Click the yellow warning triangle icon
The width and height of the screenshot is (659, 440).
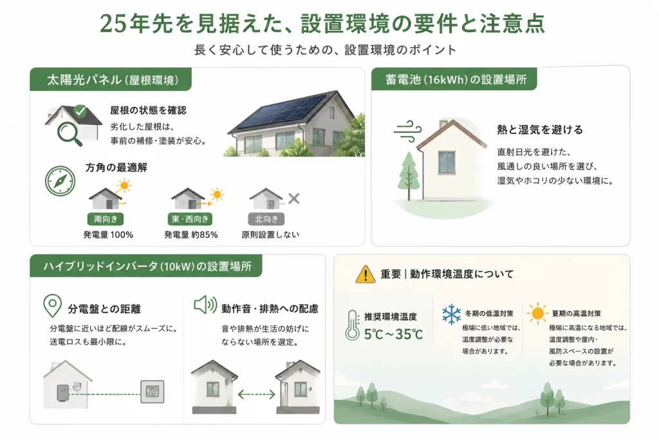pos(366,274)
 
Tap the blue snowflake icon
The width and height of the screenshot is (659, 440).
pos(451,314)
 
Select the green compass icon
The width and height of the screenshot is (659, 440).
pos(60,181)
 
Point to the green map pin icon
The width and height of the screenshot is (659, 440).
pos(53,305)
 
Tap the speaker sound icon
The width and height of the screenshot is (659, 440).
pos(205,305)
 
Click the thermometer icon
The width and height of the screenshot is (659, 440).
pos(352,325)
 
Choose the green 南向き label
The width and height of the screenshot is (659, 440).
pos(106,219)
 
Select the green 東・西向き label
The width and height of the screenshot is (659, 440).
pos(190,219)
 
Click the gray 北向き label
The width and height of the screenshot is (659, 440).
pos(266,219)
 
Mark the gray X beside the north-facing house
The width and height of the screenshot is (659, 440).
pos(293,198)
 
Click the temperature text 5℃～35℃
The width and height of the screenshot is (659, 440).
pos(393,334)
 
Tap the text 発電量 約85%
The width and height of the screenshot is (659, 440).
pos(190,234)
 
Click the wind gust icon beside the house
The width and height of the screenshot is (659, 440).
pos(407,131)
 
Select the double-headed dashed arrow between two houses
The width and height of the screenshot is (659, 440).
pos(256,394)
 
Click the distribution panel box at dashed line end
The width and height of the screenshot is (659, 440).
pos(152,392)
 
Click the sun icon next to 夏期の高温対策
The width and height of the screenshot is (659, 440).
pos(537,314)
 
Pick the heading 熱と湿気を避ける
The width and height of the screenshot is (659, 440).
pos(540,130)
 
